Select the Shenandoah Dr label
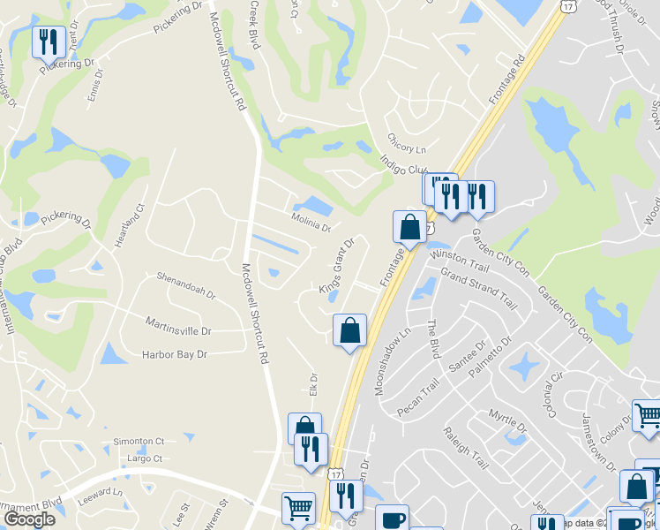click(x=186, y=291)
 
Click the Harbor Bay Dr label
click(x=174, y=354)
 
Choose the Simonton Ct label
click(x=139, y=441)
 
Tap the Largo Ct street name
click(x=144, y=458)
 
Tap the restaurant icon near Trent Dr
click(x=47, y=41)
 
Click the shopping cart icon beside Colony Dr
click(x=647, y=414)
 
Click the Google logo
click(x=29, y=519)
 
